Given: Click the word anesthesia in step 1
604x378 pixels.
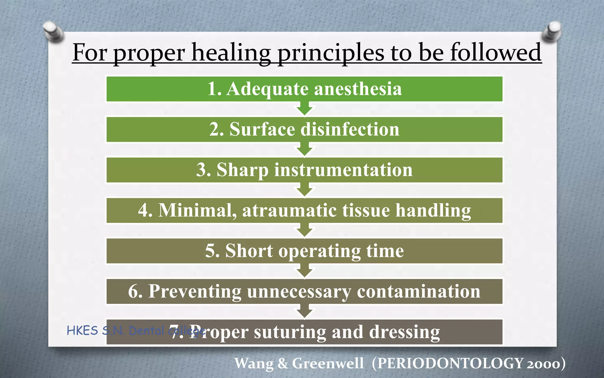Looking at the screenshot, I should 358,89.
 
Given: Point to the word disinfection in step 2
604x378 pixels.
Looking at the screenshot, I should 350,129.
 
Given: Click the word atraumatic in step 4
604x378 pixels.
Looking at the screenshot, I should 289,210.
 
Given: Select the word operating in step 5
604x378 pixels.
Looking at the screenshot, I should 320,251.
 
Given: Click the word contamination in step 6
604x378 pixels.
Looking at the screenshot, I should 418,291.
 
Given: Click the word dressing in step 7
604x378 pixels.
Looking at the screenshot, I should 404,332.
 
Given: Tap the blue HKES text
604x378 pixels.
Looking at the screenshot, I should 82,331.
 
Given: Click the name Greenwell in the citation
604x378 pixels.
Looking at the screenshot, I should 328,363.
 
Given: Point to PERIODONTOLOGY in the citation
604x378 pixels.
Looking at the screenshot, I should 450,363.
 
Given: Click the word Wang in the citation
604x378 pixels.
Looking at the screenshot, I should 254,363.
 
